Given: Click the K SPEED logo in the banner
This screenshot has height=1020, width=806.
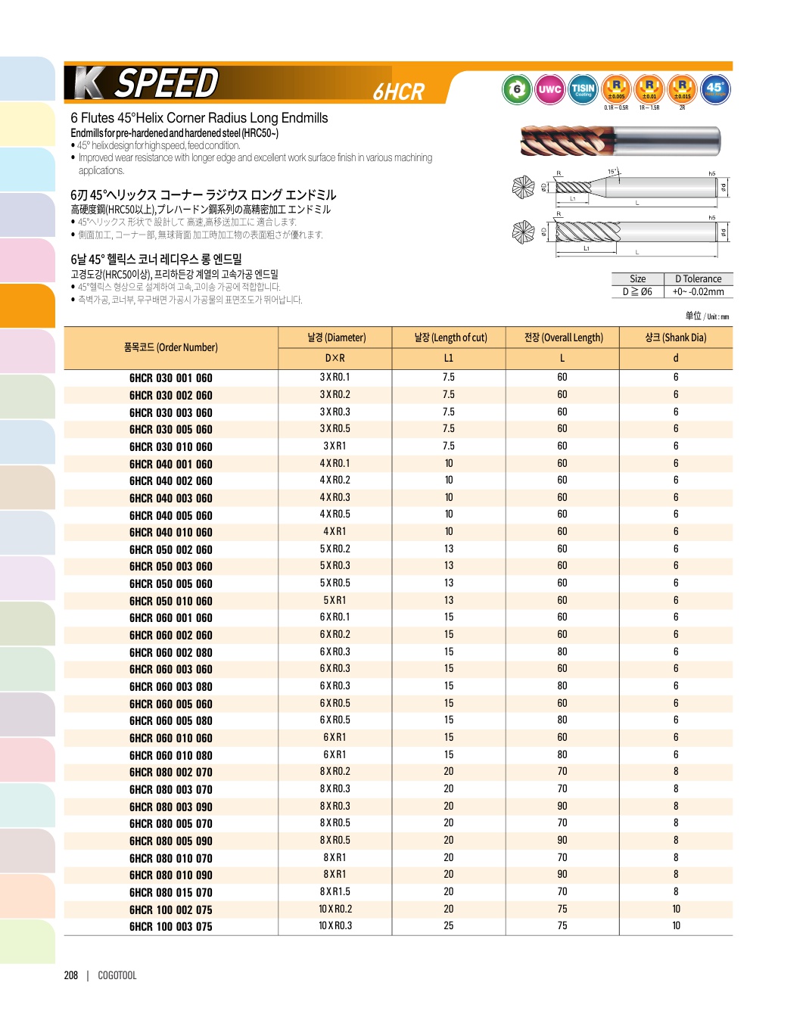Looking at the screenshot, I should pyautogui.click(x=142, y=83).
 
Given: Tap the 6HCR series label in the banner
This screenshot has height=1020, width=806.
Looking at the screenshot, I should pyautogui.click(x=399, y=92).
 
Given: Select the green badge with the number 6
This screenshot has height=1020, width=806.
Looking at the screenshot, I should pyautogui.click(x=517, y=89).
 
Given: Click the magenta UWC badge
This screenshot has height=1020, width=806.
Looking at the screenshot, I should pyautogui.click(x=549, y=89).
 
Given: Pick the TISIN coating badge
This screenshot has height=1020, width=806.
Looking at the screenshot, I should pyautogui.click(x=583, y=89).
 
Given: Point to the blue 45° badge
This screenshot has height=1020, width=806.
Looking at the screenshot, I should pyautogui.click(x=715, y=89).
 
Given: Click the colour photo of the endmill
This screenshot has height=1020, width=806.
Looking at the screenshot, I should pyautogui.click(x=621, y=141).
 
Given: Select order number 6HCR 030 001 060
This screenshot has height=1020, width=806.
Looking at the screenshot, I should pyautogui.click(x=170, y=378).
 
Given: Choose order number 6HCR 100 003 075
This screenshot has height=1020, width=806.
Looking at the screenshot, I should pyautogui.click(x=170, y=926).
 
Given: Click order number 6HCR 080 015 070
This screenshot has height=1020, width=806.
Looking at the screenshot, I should pyautogui.click(x=170, y=892).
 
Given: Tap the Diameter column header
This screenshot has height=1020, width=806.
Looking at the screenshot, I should pyautogui.click(x=336, y=337).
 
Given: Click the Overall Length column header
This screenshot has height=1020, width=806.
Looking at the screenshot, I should pyautogui.click(x=563, y=337).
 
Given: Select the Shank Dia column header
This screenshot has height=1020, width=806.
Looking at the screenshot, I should pyautogui.click(x=676, y=337).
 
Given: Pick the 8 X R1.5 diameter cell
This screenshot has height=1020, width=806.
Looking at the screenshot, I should pyautogui.click(x=335, y=891).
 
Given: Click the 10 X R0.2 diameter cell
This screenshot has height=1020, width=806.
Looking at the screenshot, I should pyautogui.click(x=335, y=909).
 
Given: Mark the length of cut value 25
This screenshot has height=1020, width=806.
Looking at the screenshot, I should pyautogui.click(x=449, y=925).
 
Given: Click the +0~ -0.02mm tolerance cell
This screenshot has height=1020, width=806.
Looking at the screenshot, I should pyautogui.click(x=698, y=291).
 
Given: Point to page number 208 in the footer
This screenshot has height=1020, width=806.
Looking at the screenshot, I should pyautogui.click(x=71, y=975).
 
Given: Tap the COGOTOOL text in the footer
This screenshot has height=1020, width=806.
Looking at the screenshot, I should pyautogui.click(x=117, y=975).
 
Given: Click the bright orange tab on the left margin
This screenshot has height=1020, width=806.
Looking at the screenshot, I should pyautogui.click(x=27, y=306).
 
